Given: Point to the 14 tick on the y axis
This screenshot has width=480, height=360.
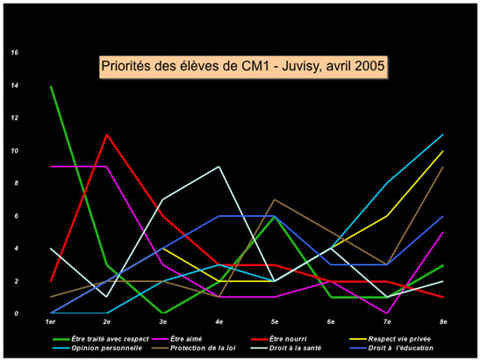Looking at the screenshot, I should pyautogui.click(x=14, y=86).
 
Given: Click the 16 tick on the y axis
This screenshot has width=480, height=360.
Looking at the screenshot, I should pyautogui.click(x=14, y=53).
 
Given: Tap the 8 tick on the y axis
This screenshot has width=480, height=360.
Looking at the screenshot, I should pyautogui.click(x=14, y=184).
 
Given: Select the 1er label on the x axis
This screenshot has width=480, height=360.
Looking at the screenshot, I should pyautogui.click(x=52, y=323).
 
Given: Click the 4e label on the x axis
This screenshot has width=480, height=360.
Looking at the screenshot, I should pyautogui.click(x=219, y=323).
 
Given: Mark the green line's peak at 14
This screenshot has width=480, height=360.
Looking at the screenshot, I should pyautogui.click(x=52, y=86).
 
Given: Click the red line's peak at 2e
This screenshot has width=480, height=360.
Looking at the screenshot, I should pyautogui.click(x=107, y=135).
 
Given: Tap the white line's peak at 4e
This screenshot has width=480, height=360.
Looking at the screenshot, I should pyautogui.click(x=219, y=167).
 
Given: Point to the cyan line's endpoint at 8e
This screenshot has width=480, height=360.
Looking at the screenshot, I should pyautogui.click(x=442, y=134).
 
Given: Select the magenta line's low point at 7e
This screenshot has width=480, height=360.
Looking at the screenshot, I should pyautogui.click(x=386, y=313).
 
